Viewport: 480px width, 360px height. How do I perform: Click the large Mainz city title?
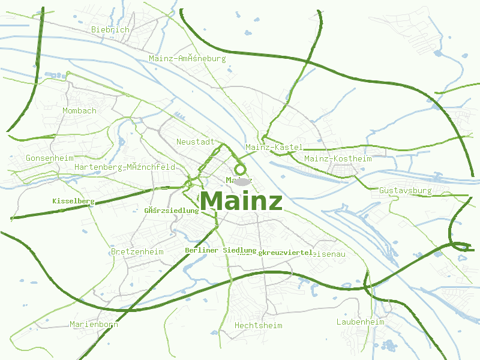pos(241,201)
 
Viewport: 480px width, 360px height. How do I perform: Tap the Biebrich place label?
pos(110,29)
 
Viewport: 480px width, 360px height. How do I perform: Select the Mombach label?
pos(80,110)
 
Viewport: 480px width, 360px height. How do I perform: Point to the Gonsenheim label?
pos(49,158)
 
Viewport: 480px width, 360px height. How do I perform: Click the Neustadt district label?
pos(196,142)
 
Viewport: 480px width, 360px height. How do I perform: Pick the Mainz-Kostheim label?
pos(338,158)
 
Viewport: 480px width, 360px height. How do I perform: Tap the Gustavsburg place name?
pos(406,191)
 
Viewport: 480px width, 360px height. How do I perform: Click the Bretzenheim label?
pos(137,251)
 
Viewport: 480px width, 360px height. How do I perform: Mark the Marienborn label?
pos(94,324)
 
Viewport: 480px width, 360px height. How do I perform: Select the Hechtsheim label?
pos(258,325)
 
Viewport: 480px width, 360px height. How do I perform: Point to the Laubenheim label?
pos(360,322)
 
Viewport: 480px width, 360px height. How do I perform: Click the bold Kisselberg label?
pos(73,201)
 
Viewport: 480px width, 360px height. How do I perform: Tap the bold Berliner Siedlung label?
pos(221,250)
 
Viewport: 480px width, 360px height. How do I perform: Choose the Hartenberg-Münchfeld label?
pos(125,167)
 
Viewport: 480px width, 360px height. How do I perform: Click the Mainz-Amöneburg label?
pos(187,59)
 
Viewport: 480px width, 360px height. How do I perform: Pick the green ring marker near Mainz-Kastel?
pos(241,169)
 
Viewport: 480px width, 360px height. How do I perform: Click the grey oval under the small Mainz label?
pos(241,181)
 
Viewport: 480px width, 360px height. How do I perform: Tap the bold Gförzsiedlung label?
pos(172,211)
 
